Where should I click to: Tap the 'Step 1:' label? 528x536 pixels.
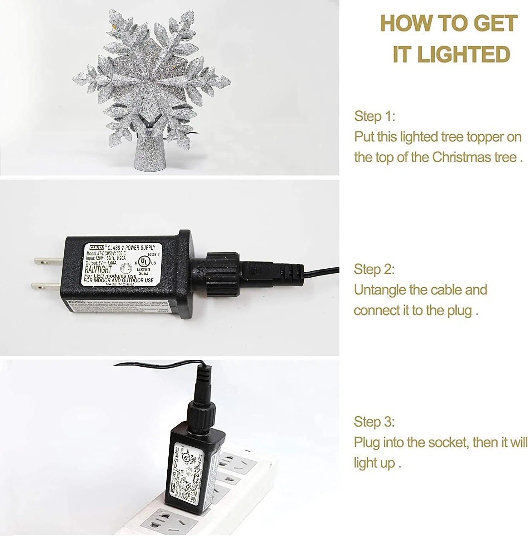click(x=374, y=116)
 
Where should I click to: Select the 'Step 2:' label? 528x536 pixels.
click(x=374, y=269)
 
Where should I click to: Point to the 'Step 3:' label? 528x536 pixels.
click(x=374, y=422)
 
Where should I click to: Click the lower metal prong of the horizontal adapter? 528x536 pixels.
click(x=46, y=286)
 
